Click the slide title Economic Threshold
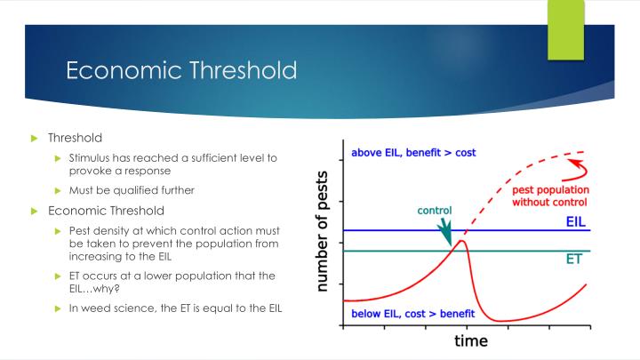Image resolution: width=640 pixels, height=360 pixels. coord(181,71)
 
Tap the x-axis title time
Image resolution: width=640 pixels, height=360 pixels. coord(471,340)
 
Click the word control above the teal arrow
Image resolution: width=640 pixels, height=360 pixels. coord(435,211)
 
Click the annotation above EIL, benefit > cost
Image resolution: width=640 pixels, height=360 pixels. coord(413,152)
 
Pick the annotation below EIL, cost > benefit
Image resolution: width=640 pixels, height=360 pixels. coord(412,314)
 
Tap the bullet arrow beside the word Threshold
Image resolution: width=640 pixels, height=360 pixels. coord(36,139)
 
